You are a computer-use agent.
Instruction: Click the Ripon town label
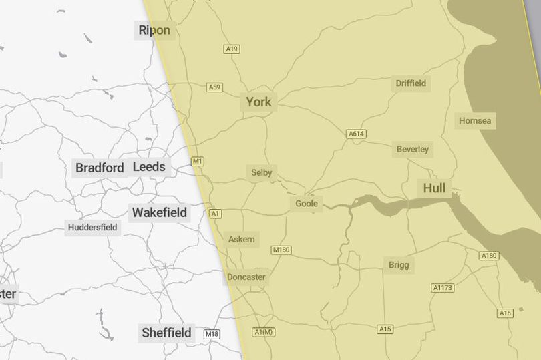tap(154, 30)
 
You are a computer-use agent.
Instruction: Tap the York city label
tap(258, 102)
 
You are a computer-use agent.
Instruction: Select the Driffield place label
tap(411, 83)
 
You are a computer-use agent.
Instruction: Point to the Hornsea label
tap(475, 121)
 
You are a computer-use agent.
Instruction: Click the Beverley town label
tap(413, 149)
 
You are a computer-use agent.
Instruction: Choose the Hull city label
tap(434, 188)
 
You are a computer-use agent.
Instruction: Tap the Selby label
tap(262, 172)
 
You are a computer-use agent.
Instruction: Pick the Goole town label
tap(307, 203)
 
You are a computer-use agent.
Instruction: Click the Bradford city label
tap(100, 168)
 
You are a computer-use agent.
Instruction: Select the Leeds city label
tap(149, 167)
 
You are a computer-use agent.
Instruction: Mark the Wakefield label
tap(160, 213)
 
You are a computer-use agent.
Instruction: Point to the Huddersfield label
tap(92, 228)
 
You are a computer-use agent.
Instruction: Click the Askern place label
tap(241, 239)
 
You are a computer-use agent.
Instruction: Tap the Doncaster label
tap(246, 277)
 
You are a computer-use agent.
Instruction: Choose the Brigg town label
tap(399, 265)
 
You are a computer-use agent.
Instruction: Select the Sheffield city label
tap(166, 333)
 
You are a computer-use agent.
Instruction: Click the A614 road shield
tap(357, 134)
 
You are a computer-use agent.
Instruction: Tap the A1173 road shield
tap(442, 288)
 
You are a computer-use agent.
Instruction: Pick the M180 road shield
tap(281, 250)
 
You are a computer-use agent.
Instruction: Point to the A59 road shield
tap(214, 87)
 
